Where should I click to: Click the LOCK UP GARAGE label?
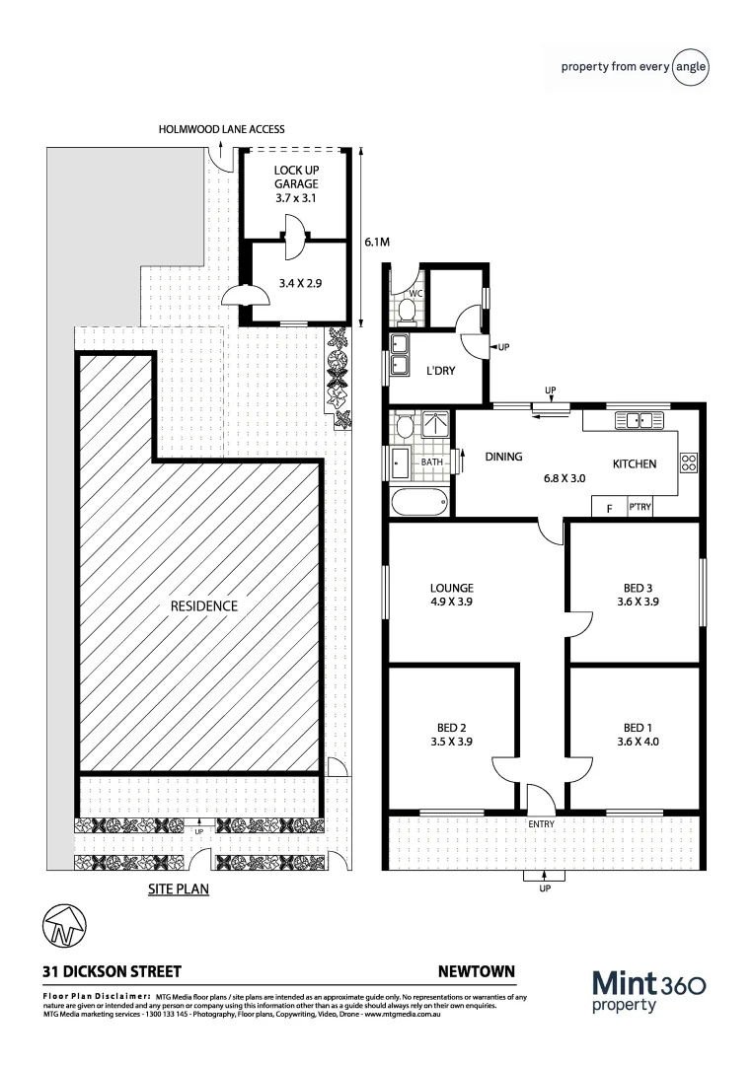click(296, 182)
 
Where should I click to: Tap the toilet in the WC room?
click(406, 312)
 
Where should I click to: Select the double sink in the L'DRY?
click(401, 355)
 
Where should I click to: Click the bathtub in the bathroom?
click(419, 503)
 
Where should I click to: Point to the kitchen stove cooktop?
click(690, 462)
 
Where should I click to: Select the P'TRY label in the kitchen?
click(639, 508)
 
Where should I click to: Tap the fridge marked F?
click(609, 509)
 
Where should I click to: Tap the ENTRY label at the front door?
click(541, 824)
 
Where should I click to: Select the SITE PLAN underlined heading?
click(178, 888)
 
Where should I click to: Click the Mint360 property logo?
click(647, 990)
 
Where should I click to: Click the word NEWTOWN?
click(476, 971)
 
